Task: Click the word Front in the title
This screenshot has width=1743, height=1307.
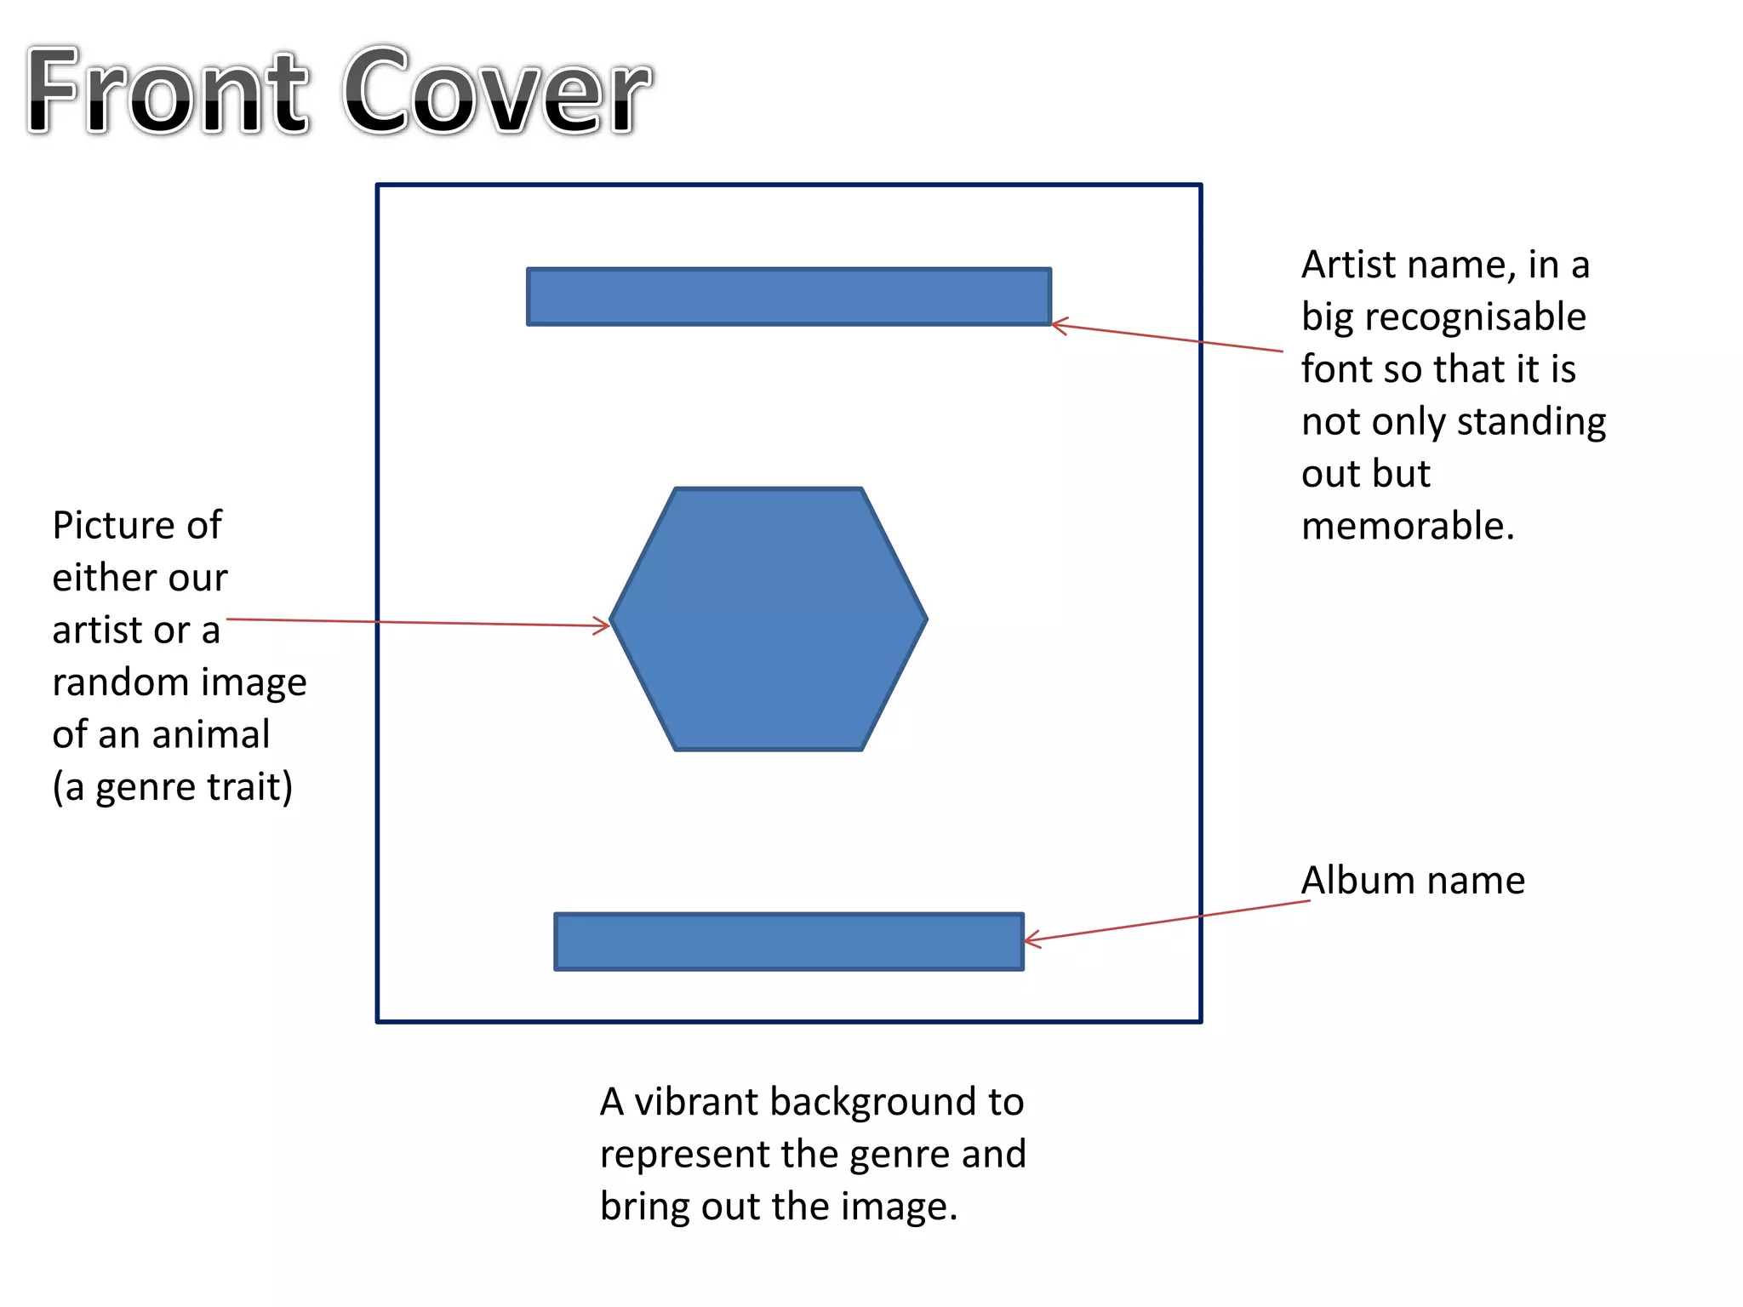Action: [166, 92]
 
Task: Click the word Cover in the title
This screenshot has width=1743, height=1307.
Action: [498, 92]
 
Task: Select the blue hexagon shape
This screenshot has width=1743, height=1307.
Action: [769, 619]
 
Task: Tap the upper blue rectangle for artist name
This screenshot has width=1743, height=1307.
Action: [789, 297]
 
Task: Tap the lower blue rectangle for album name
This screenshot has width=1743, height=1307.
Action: [789, 942]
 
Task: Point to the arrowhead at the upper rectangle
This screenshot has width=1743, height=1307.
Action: [1058, 325]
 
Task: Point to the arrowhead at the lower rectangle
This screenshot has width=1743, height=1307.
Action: [1030, 940]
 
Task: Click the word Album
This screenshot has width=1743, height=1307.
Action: [1357, 881]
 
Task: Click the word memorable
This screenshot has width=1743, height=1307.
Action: [1408, 527]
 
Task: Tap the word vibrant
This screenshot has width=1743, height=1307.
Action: [697, 1103]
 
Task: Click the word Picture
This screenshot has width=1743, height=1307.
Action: [112, 526]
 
